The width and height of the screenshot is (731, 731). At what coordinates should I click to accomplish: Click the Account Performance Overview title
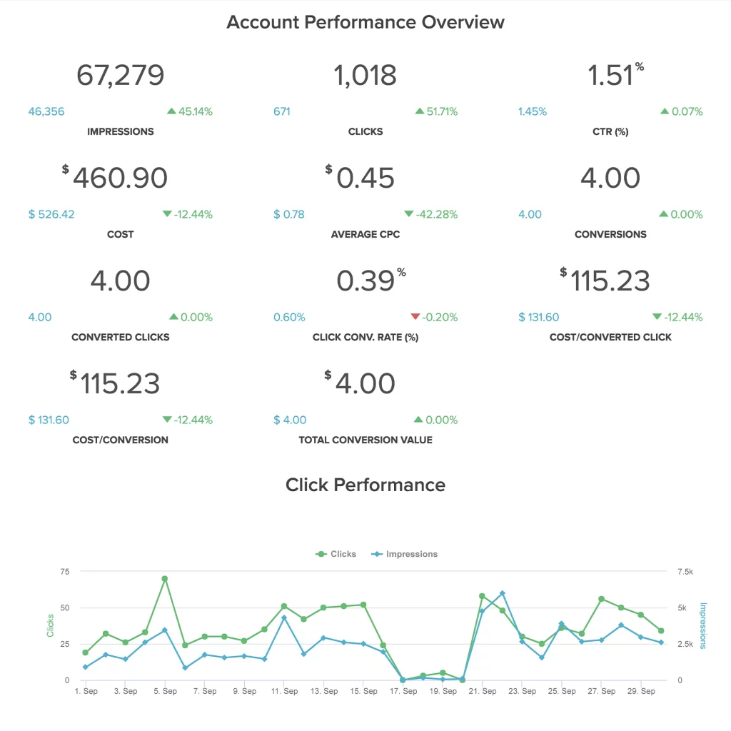click(365, 22)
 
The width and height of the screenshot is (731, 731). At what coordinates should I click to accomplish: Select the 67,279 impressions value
click(121, 75)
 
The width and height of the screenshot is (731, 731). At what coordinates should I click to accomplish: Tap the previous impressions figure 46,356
click(46, 111)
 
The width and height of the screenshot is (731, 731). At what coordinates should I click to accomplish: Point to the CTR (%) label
click(610, 131)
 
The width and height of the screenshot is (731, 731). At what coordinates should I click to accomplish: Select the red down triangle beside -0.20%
click(415, 317)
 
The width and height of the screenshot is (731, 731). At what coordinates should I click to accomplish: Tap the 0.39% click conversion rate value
click(365, 281)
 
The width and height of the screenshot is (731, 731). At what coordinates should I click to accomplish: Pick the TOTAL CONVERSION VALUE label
click(365, 440)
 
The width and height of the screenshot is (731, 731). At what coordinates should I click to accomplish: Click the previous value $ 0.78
click(289, 214)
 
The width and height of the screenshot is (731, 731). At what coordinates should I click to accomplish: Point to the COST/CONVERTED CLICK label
click(610, 337)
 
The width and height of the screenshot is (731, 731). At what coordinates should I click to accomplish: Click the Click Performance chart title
click(365, 485)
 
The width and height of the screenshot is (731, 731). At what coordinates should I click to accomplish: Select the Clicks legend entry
click(336, 554)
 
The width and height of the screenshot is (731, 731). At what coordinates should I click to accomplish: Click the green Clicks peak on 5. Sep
click(165, 579)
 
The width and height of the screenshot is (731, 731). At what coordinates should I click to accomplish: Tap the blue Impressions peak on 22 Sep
click(503, 593)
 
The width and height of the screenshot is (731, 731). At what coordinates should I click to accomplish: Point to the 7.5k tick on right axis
click(685, 571)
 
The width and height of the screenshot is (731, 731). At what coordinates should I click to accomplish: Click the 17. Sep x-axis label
click(405, 691)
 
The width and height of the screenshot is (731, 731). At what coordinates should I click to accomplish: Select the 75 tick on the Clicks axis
click(65, 571)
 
